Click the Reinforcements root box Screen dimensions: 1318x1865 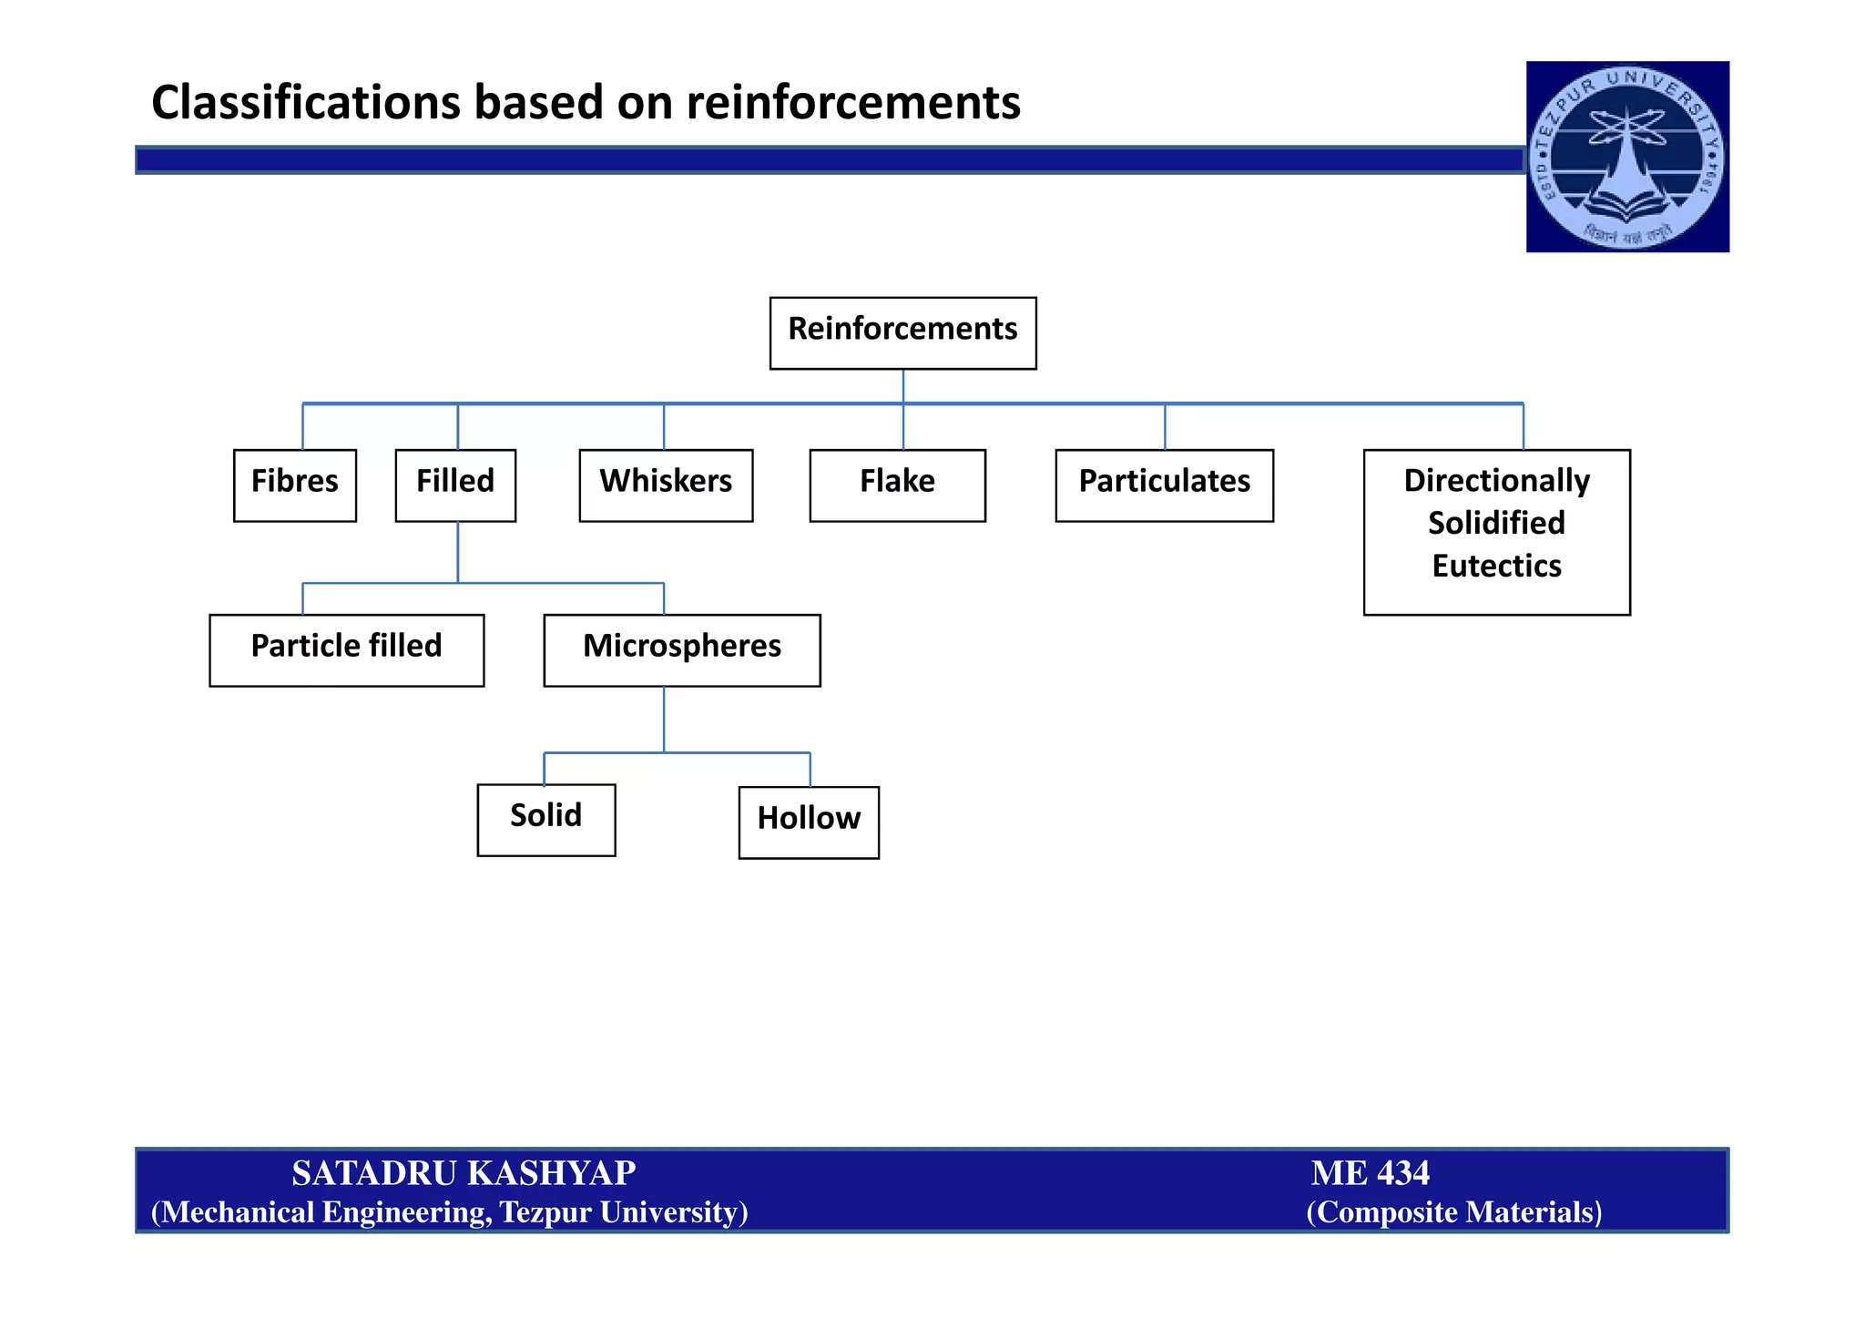pyautogui.click(x=902, y=332)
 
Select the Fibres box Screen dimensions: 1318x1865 pyautogui.click(x=294, y=485)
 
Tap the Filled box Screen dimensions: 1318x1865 pyautogui.click(x=455, y=485)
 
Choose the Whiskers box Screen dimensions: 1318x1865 pyautogui.click(x=666, y=485)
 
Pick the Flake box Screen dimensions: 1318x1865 pyautogui.click(x=897, y=485)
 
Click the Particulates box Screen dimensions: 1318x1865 pyautogui.click(x=1164, y=485)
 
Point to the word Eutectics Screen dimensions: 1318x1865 pyautogui.click(x=1496, y=566)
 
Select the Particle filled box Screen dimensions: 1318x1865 pyautogui.click(x=346, y=649)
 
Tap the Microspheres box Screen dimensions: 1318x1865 pyautogui.click(x=681, y=649)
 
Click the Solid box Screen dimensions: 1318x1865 pyautogui.click(x=545, y=819)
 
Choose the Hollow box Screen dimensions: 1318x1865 pyautogui.click(x=809, y=822)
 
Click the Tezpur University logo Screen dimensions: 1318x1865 pyautogui.click(x=1627, y=157)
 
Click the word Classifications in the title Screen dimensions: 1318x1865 pyautogui.click(x=306, y=102)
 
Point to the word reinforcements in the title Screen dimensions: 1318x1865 pyautogui.click(x=853, y=102)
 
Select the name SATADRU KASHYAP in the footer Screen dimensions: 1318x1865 pyautogui.click(x=464, y=1173)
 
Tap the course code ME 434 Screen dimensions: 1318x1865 pyautogui.click(x=1370, y=1173)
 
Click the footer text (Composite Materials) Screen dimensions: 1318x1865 pyautogui.click(x=1453, y=1212)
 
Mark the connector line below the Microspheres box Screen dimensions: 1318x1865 pyautogui.click(x=664, y=720)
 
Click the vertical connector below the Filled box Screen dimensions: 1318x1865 pyautogui.click(x=458, y=551)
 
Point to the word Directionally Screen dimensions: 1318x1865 pyautogui.click(x=1496, y=480)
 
